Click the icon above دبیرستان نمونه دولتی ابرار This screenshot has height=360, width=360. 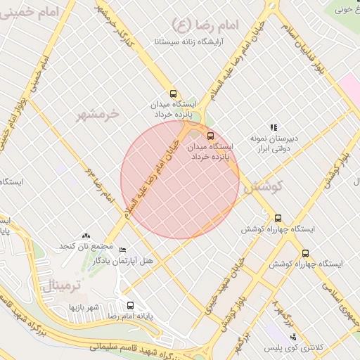click(274, 127)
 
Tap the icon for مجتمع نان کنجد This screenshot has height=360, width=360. click(86, 236)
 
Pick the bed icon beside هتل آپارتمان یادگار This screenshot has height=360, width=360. click(123, 250)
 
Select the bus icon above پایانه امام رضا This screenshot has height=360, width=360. click(129, 305)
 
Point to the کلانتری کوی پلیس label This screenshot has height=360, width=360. click(292, 348)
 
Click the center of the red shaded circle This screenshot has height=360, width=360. click(180, 180)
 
